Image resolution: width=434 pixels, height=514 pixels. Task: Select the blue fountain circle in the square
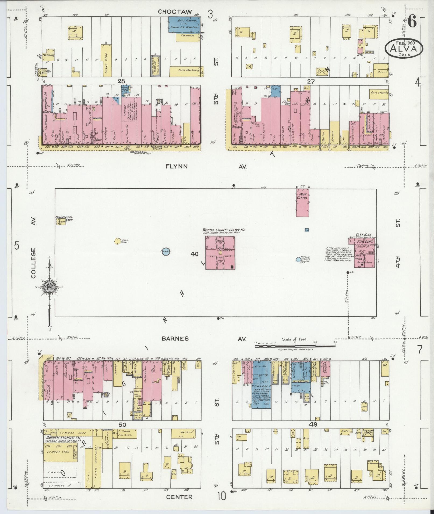pos(165,251)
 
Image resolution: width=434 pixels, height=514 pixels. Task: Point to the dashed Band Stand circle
pos(117,241)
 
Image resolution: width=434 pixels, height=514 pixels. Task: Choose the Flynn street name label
pos(176,167)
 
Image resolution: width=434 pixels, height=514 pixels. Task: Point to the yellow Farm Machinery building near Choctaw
pos(186,70)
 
